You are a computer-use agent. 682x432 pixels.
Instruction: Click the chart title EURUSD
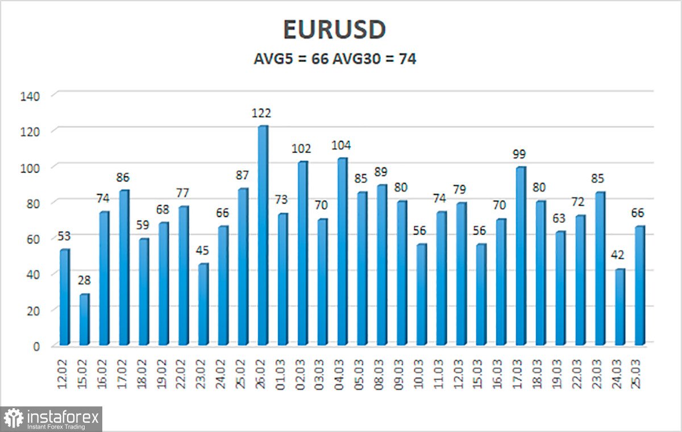(335, 31)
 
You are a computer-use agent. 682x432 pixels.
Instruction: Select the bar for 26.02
(263, 236)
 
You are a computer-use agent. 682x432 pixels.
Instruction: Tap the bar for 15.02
(84, 319)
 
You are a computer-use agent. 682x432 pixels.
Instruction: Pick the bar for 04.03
(342, 252)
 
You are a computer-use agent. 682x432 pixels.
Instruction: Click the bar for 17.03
(521, 256)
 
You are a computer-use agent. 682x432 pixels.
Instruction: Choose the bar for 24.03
(620, 307)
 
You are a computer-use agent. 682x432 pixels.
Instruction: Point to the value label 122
(263, 114)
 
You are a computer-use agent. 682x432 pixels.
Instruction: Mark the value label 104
(342, 146)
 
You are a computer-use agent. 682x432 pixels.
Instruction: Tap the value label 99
(519, 154)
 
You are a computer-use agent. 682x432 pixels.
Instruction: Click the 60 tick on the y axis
(33, 239)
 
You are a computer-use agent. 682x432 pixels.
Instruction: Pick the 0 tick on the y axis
(36, 346)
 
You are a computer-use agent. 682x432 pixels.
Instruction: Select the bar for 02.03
(302, 254)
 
